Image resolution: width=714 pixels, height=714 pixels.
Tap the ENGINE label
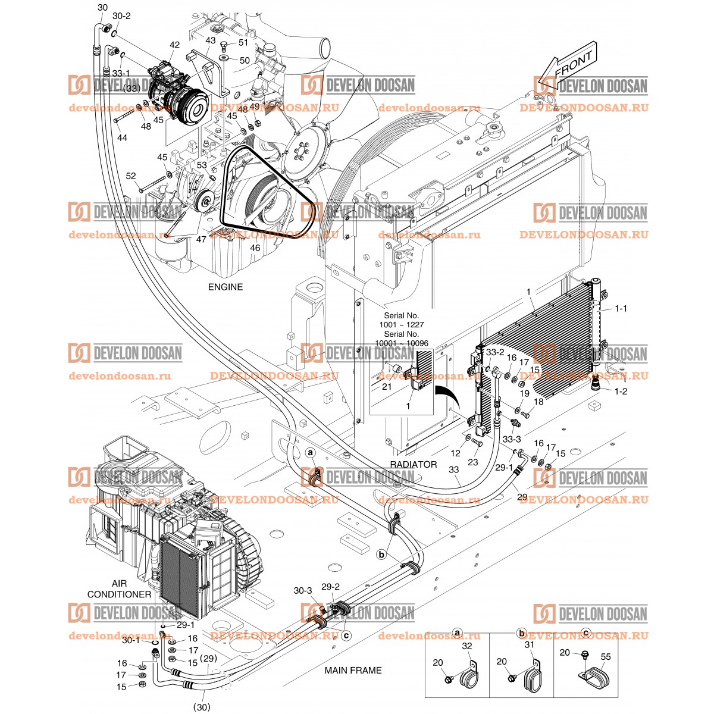(x=225, y=287)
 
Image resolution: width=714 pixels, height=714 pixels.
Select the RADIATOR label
(x=414, y=464)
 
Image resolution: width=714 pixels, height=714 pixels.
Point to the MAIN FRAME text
(x=353, y=670)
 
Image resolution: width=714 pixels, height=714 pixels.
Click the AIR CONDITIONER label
(x=120, y=589)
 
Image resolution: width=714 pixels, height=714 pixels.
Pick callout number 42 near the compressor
(x=174, y=45)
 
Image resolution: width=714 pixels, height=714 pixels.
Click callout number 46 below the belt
(x=255, y=247)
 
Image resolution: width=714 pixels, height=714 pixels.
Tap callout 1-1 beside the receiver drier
(x=621, y=309)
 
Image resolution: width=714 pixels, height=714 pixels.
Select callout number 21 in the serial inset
(x=387, y=386)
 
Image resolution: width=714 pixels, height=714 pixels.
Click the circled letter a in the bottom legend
(x=458, y=632)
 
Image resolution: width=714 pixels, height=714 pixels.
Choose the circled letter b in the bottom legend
(x=522, y=632)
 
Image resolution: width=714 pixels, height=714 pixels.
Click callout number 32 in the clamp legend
(x=466, y=646)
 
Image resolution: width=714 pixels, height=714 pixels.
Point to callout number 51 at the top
(x=243, y=42)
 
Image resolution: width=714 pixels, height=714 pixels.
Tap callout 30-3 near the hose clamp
(x=302, y=590)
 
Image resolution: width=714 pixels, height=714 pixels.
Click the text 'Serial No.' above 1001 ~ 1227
(x=402, y=315)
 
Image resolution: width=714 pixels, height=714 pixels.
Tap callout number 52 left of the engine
(x=131, y=176)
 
